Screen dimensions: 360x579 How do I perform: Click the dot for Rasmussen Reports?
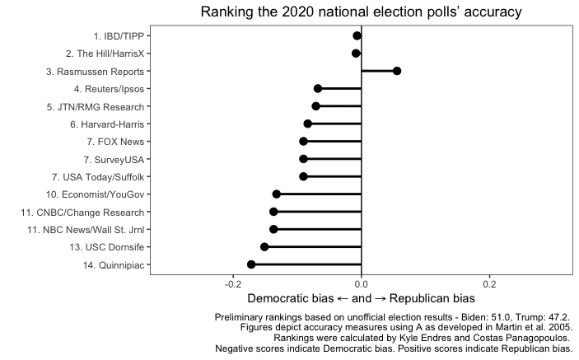pos(397,71)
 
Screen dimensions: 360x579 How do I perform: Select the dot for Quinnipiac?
pos(251,264)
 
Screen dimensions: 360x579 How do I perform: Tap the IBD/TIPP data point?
pos(357,35)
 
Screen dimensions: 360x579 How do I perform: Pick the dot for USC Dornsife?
pos(264,247)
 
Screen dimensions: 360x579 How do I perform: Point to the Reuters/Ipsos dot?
pos(318,88)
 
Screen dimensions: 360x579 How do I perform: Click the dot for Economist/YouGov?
pos(277,194)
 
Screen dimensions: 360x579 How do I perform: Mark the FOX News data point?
pos(303,142)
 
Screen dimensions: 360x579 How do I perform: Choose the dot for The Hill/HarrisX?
pos(356,54)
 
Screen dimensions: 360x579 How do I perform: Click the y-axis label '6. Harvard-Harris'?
pos(107,124)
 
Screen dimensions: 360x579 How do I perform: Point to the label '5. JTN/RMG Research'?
pos(100,106)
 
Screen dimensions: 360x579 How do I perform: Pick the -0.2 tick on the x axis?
pos(233,283)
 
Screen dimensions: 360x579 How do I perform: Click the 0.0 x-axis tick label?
pos(362,283)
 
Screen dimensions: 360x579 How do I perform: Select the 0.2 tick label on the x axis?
pos(489,283)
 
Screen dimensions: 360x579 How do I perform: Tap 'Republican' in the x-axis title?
pos(421,298)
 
